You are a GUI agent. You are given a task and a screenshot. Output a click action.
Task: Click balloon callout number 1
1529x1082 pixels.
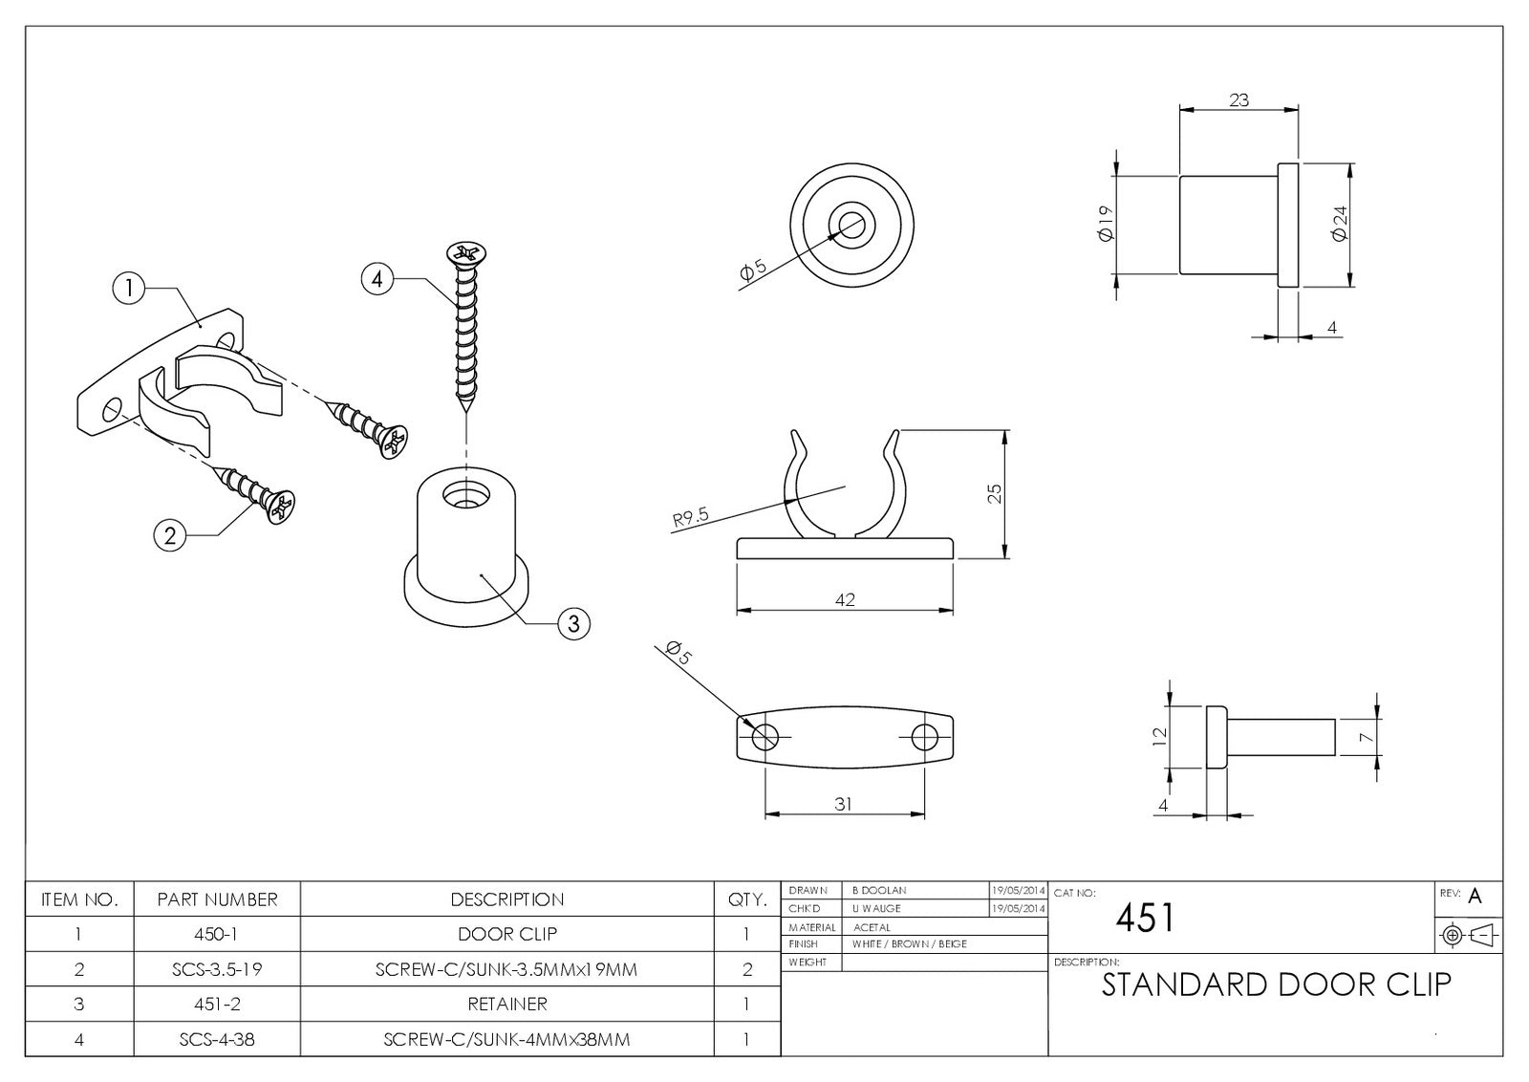pos(129,288)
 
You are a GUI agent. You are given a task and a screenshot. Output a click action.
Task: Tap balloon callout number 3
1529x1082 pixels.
pos(573,624)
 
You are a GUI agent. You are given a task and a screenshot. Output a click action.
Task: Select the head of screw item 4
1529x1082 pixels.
pos(466,253)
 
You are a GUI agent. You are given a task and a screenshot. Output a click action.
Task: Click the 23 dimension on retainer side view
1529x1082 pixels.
pos(1238,99)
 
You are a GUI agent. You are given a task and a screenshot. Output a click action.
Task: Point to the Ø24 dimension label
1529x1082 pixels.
pos(1340,224)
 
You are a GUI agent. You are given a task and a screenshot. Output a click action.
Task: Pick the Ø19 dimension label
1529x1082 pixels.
pos(1107,224)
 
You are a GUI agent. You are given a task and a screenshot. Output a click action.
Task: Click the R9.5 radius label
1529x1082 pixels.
pos(690,517)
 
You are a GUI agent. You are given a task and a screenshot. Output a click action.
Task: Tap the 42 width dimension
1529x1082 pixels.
pos(845,599)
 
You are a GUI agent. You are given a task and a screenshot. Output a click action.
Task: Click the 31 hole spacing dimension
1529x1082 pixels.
pos(843,804)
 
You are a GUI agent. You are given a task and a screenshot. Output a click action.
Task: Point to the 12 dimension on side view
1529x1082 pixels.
pos(1160,736)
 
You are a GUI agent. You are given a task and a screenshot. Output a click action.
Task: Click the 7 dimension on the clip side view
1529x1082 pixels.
pos(1367,737)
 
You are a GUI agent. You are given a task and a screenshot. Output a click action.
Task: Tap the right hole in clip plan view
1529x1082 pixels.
pos(924,737)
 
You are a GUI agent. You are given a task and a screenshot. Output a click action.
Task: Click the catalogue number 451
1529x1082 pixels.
pos(1145,919)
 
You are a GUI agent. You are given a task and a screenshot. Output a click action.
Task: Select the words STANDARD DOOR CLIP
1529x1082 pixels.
pos(1276,985)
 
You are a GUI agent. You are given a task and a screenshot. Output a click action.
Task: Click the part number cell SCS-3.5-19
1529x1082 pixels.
pos(217,969)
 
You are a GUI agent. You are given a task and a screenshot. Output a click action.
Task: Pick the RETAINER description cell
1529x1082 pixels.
pos(506,1004)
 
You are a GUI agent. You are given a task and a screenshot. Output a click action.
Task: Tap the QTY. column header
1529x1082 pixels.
pos(747,899)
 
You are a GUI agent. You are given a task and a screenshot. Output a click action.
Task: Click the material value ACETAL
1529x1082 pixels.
pos(871,927)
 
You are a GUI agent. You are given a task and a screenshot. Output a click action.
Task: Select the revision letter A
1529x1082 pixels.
pos(1475,897)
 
